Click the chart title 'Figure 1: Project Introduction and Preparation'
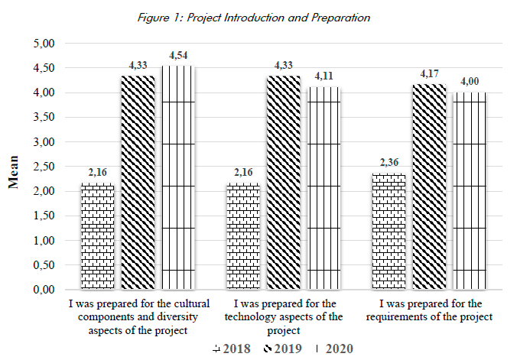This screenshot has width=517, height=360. [x=258, y=17]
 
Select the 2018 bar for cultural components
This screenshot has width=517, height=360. [x=97, y=236]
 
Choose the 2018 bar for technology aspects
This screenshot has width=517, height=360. [x=242, y=236]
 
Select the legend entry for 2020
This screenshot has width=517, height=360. [x=334, y=349]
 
